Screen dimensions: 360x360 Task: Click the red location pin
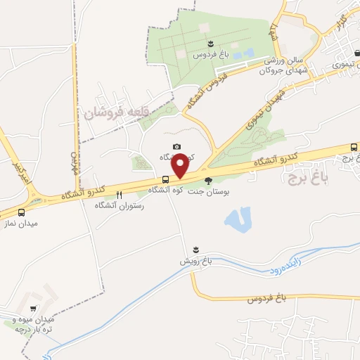click(x=180, y=165)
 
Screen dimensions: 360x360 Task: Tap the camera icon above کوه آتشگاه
click(x=176, y=146)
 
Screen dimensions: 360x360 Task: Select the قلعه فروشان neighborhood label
click(x=116, y=111)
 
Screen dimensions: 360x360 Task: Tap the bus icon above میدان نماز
click(x=21, y=212)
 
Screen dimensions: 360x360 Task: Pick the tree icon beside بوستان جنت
click(x=207, y=180)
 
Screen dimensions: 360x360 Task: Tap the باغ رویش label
click(x=195, y=261)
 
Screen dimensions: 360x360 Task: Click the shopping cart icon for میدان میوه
click(x=33, y=308)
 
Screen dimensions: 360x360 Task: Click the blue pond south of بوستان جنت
click(x=238, y=219)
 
